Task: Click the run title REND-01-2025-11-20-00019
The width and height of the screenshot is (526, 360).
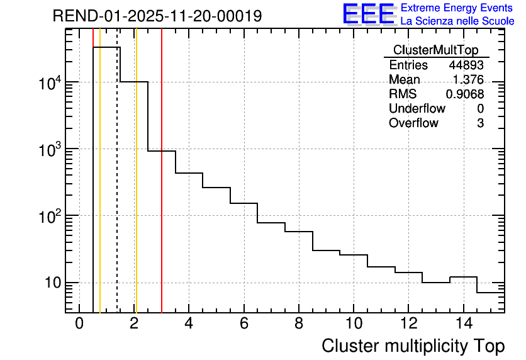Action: (x=157, y=16)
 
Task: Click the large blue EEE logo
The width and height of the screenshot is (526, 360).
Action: (x=369, y=14)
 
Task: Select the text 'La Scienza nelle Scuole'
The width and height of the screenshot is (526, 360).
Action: (x=457, y=21)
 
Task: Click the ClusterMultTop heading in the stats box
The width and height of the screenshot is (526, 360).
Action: (x=435, y=50)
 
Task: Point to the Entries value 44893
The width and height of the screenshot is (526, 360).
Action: (x=466, y=65)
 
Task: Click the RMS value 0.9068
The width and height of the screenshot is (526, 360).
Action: (x=465, y=94)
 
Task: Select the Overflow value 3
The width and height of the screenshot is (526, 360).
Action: (x=480, y=123)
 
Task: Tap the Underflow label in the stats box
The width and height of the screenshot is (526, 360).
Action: (x=417, y=109)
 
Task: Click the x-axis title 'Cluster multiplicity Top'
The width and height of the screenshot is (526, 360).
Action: (x=413, y=346)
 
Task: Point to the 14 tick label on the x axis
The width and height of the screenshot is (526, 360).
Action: (x=463, y=324)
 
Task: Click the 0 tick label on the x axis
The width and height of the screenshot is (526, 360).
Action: (x=79, y=324)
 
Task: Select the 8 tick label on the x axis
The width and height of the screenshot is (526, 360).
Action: (x=298, y=324)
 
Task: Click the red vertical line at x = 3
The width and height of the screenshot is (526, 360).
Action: (x=162, y=189)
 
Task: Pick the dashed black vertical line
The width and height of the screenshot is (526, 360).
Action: (x=117, y=189)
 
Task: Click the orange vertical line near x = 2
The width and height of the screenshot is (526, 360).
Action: (x=136, y=189)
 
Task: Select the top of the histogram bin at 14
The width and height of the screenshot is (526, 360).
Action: (x=463, y=277)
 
